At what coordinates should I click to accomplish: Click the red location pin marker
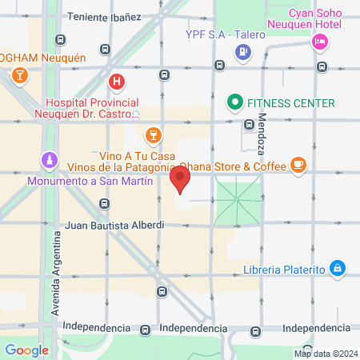[182, 180]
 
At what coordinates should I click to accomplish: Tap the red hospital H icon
[117, 81]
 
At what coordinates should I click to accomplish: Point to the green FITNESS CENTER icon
[234, 102]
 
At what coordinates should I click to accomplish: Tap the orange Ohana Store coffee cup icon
[298, 165]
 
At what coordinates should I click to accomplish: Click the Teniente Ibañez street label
[104, 16]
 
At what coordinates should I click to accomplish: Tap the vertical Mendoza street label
[262, 133]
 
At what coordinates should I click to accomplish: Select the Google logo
[26, 350]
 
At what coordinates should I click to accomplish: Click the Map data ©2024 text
[324, 353]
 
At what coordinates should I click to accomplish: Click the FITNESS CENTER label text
[291, 103]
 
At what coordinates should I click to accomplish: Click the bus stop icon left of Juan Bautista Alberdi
[104, 203]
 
